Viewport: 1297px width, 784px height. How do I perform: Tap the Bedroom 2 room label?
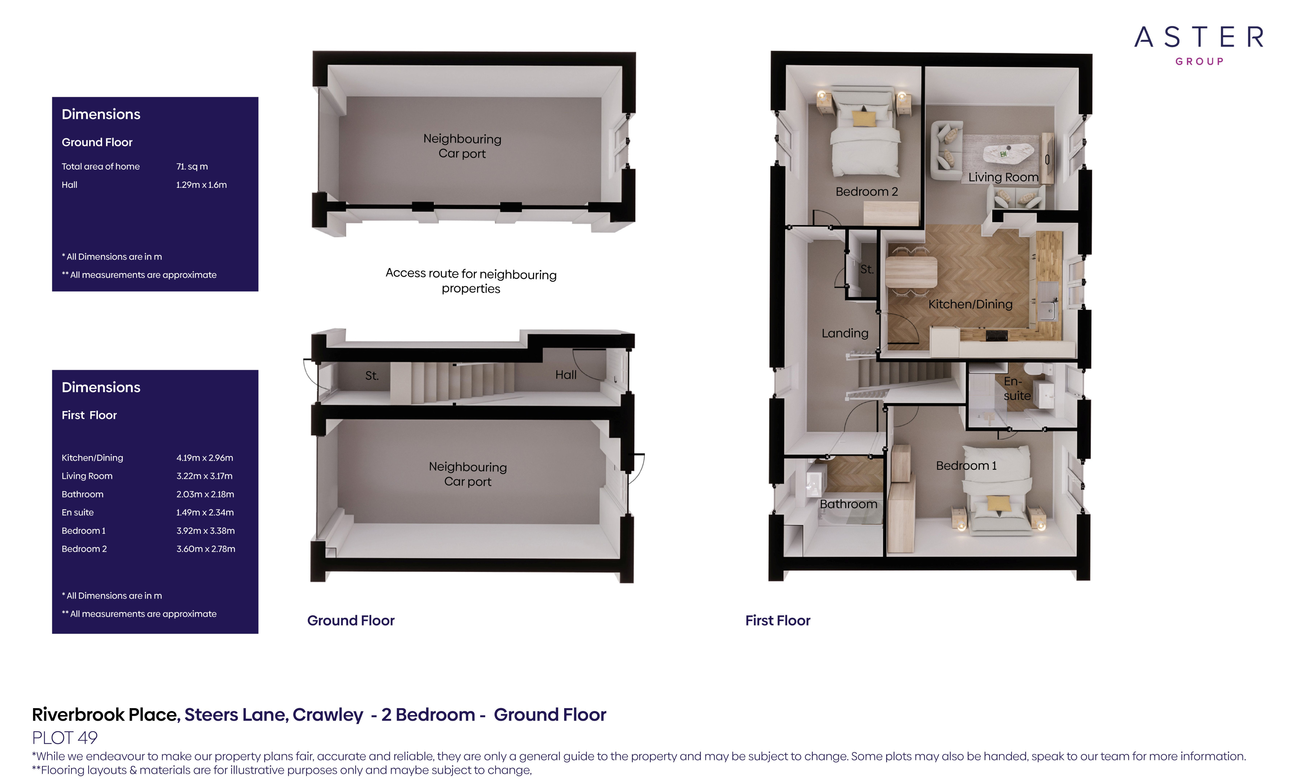point(866,191)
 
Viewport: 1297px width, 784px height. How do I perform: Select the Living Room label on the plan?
point(1003,177)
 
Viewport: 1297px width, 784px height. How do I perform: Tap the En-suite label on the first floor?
point(1016,388)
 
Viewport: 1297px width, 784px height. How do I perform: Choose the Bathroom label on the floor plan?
point(848,504)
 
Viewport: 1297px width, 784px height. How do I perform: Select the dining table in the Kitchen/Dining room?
point(911,272)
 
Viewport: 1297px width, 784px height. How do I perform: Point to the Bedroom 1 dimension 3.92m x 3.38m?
point(205,530)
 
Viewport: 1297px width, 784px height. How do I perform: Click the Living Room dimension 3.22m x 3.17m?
point(204,476)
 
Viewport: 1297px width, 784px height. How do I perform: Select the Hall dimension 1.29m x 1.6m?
point(201,185)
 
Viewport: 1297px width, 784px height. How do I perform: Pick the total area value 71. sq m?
point(192,166)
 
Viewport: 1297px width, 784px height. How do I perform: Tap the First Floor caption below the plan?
point(778,620)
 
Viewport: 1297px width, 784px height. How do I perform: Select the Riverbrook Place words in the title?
point(106,715)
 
